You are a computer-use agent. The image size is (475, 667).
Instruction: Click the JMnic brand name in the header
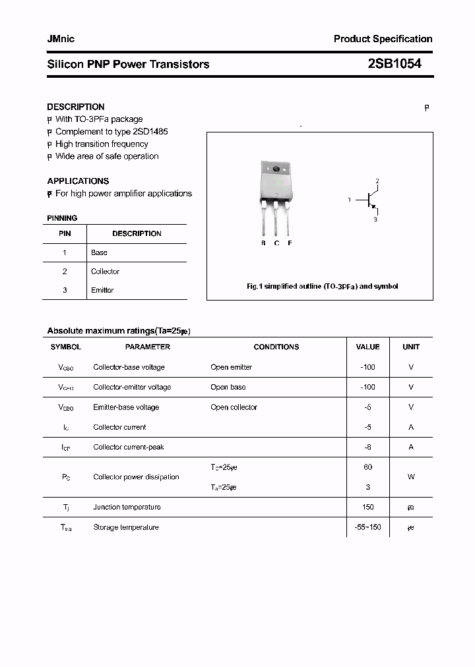pos(61,39)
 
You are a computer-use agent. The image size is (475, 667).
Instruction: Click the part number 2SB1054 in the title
pos(394,64)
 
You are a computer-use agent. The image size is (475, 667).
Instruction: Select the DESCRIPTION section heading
pos(76,107)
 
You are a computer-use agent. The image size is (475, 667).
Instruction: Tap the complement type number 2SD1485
pos(150,132)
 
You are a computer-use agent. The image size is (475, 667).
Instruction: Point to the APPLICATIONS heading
pos(78,181)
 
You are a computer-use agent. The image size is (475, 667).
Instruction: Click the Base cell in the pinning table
pos(99,252)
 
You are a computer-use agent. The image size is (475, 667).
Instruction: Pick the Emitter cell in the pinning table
pos(102,290)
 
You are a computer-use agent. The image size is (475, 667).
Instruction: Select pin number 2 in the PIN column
pos(65,271)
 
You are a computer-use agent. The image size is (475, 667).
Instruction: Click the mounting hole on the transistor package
pos(276,170)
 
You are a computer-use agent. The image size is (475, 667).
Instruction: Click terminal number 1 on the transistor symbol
pos(350,199)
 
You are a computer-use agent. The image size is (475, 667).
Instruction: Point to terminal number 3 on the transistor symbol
pos(375,219)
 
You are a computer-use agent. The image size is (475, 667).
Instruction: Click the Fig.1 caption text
pos(322,287)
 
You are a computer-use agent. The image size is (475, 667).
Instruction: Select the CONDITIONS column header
pos(276,347)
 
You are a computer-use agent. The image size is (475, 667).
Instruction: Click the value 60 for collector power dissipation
pos(367,467)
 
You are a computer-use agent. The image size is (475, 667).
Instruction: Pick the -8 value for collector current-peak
pos(367,447)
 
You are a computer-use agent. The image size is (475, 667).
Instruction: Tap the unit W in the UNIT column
pos(411,477)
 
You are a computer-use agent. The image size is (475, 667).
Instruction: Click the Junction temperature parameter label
pos(127,507)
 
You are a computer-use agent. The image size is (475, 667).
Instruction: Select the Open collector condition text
pos(234,407)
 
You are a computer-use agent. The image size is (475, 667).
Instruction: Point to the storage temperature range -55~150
pos(367,527)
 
